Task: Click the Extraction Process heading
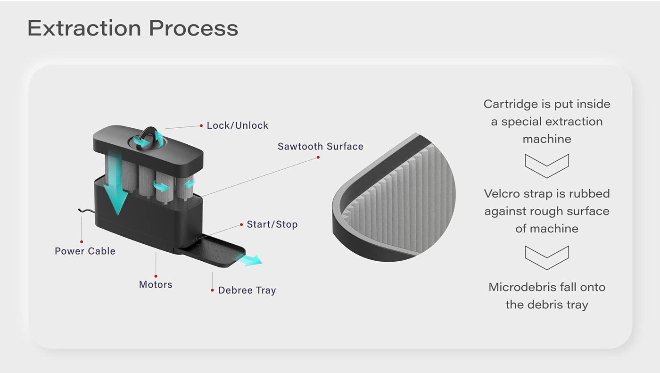pyautogui.click(x=132, y=28)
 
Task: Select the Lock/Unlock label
pyautogui.click(x=238, y=125)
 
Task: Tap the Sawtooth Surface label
pyautogui.click(x=321, y=146)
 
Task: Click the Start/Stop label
pyautogui.click(x=272, y=224)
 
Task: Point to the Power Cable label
pyautogui.click(x=85, y=251)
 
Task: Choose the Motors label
pyautogui.click(x=156, y=284)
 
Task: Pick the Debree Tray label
pyautogui.click(x=247, y=290)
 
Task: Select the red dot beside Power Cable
pyautogui.click(x=82, y=241)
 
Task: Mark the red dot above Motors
pyautogui.click(x=156, y=276)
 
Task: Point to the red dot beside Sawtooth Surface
pyautogui.click(x=318, y=157)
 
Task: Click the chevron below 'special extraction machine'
pyautogui.click(x=547, y=166)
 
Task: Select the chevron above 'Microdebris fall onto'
pyautogui.click(x=547, y=257)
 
